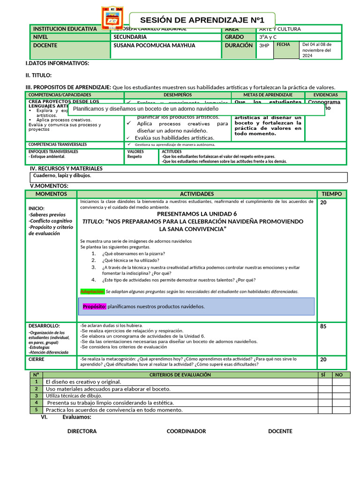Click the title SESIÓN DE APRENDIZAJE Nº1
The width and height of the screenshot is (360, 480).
click(x=202, y=20)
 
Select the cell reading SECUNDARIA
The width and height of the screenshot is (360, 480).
click(x=130, y=37)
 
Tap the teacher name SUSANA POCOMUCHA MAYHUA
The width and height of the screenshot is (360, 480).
click(x=154, y=46)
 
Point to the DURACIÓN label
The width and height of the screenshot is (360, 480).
click(x=239, y=46)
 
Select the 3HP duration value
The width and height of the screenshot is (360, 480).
click(x=264, y=46)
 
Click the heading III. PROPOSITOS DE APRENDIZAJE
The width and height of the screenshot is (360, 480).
click(x=68, y=87)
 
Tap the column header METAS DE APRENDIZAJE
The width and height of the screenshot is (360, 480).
click(x=268, y=95)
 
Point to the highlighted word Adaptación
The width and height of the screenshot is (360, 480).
click(x=92, y=291)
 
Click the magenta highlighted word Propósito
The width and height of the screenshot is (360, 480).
click(x=94, y=307)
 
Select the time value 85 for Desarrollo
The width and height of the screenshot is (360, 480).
click(x=323, y=326)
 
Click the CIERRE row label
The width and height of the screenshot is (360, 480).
click(x=37, y=359)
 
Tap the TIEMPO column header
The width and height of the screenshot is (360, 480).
click(x=331, y=194)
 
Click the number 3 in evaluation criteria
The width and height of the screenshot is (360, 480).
click(x=36, y=396)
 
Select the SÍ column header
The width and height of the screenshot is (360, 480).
click(x=322, y=375)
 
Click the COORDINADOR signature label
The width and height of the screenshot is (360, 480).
click(x=186, y=431)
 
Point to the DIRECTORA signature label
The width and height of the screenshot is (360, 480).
click(x=82, y=431)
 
